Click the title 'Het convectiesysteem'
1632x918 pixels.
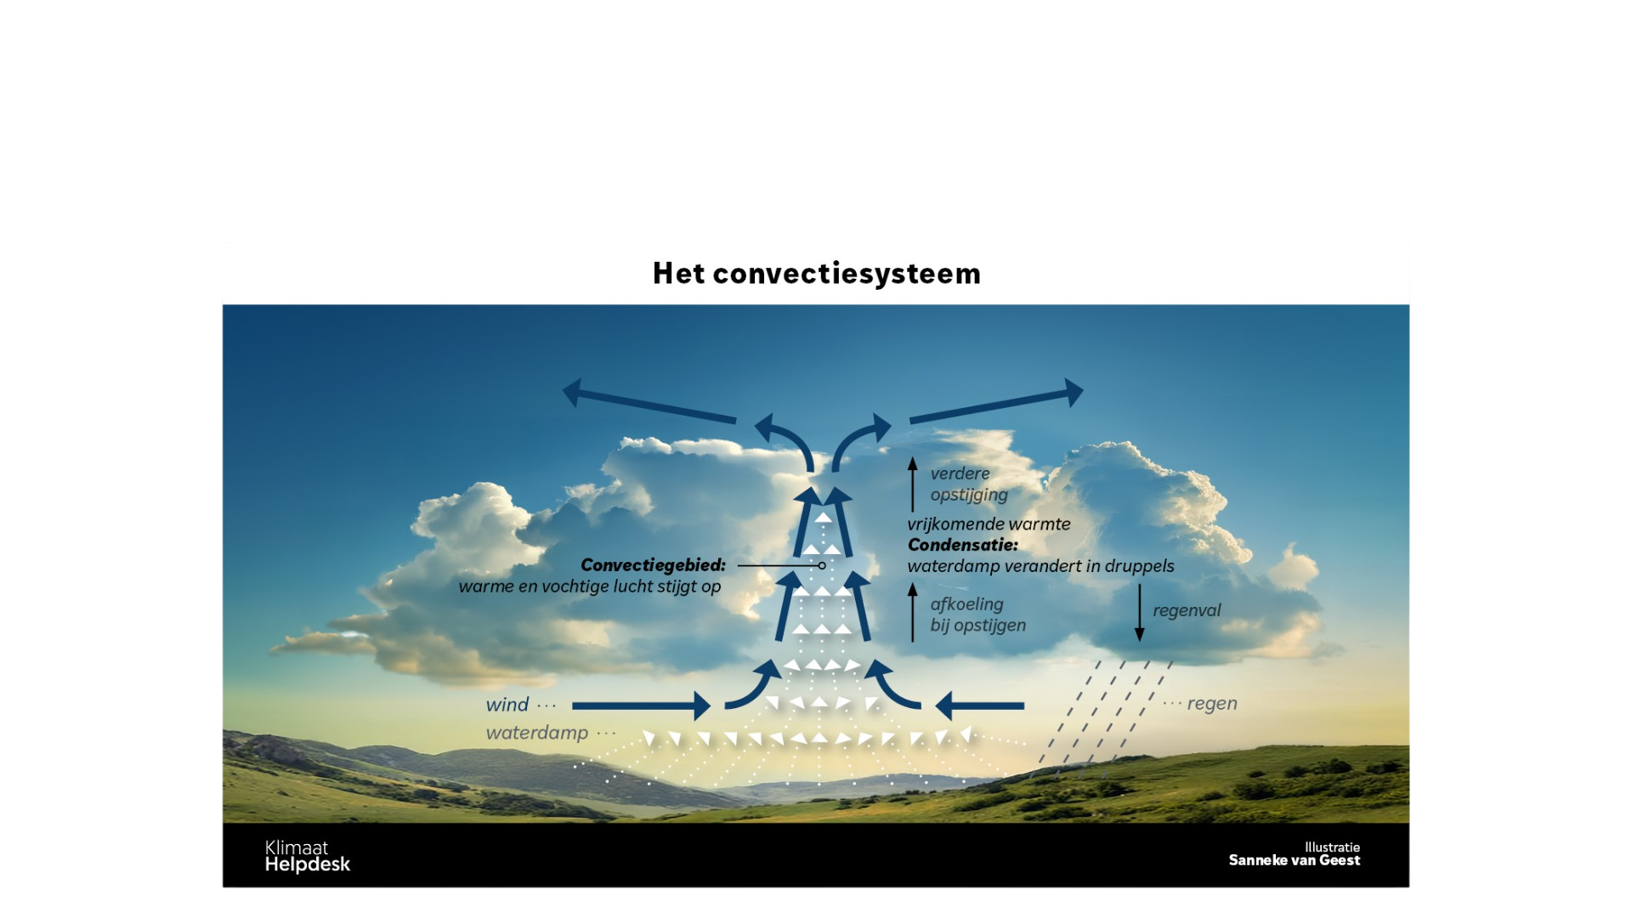coord(816,274)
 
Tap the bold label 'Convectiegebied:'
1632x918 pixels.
coord(653,565)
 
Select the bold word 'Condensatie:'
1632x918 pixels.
coord(962,545)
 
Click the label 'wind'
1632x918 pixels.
coord(507,705)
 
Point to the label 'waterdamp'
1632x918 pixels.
coord(536,733)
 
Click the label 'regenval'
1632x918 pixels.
coord(1187,610)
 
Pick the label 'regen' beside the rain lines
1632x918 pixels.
coord(1212,704)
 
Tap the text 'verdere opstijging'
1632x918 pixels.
coord(969,484)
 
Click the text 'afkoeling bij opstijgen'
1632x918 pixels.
coord(978,615)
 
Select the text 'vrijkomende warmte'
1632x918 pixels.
coord(989,524)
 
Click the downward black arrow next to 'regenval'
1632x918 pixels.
coord(1140,613)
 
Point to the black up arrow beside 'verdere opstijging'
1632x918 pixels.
coord(913,484)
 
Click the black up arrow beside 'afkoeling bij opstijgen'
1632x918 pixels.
coord(913,612)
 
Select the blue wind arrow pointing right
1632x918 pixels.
coord(642,705)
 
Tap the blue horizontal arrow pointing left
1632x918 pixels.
coord(979,705)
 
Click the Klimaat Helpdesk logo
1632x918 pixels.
coord(307,856)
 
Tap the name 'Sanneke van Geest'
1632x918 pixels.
coord(1294,860)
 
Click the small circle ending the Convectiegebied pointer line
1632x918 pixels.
coord(822,565)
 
